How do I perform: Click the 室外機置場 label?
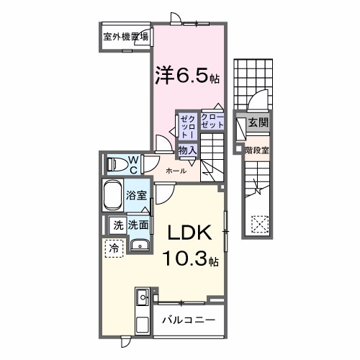125,37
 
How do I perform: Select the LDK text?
189,234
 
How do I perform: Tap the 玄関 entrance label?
258,124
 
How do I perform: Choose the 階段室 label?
257,150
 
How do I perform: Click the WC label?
133,164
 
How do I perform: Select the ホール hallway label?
176,171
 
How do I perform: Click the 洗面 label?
138,225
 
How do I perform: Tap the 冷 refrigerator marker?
114,248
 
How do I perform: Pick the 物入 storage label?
187,150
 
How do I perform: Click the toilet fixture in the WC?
115,164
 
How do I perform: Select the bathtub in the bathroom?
113,196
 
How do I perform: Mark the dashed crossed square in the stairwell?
258,225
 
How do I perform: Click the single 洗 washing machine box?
117,225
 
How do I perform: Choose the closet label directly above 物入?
211,122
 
